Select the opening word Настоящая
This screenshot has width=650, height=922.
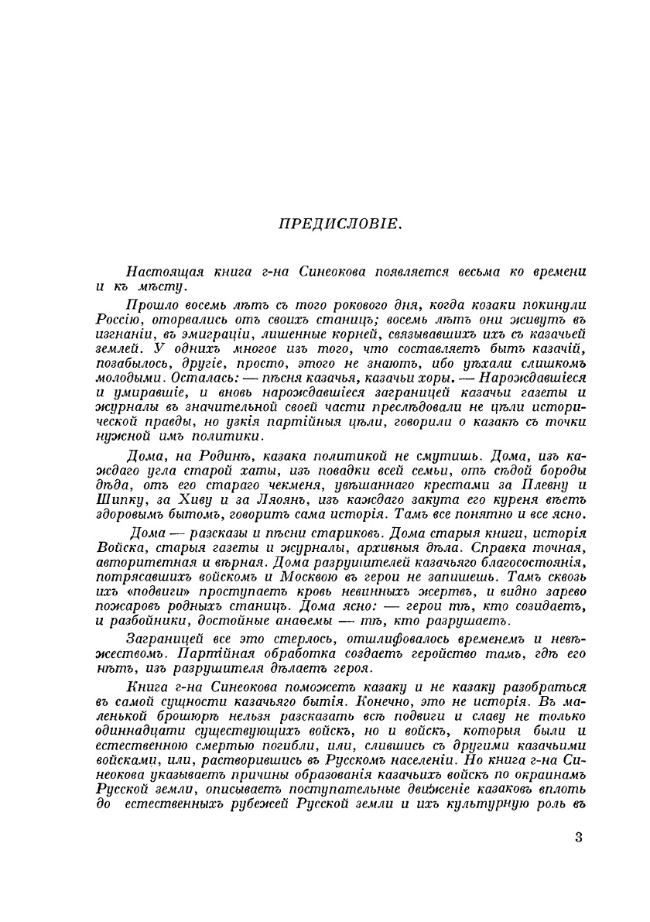[162, 272]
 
